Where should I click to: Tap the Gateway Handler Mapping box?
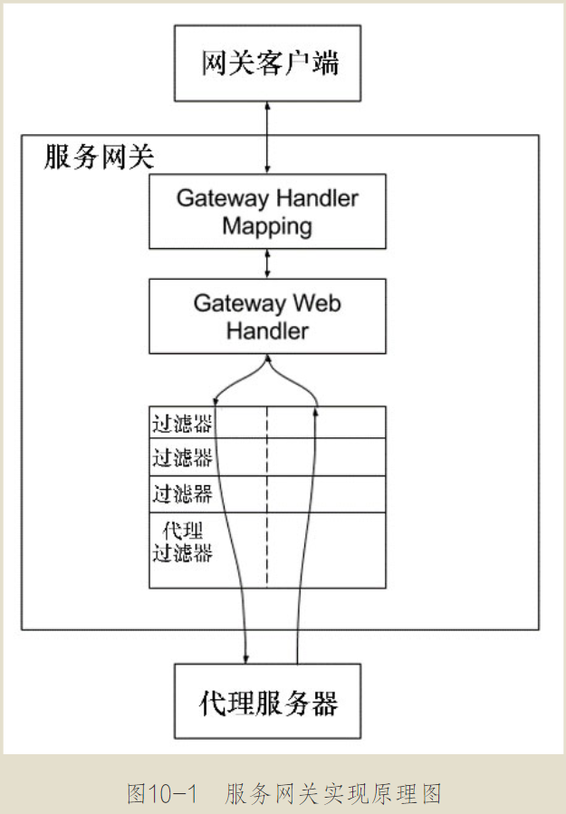(267, 211)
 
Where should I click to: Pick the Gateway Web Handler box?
(267, 316)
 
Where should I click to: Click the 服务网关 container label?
(99, 158)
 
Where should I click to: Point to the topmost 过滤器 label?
(182, 423)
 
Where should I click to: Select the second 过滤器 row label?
(182, 458)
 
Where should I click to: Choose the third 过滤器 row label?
(182, 493)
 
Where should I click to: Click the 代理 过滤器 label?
(182, 541)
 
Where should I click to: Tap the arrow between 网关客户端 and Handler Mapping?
(267, 136)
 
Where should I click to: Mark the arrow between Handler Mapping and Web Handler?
(267, 263)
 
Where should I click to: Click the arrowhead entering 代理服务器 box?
(246, 658)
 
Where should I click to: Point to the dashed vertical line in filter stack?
(267, 498)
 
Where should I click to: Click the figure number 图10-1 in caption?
(162, 794)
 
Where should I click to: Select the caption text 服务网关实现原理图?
(334, 794)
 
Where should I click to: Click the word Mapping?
(267, 225)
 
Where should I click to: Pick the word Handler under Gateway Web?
(267, 330)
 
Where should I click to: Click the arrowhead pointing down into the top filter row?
(216, 401)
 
